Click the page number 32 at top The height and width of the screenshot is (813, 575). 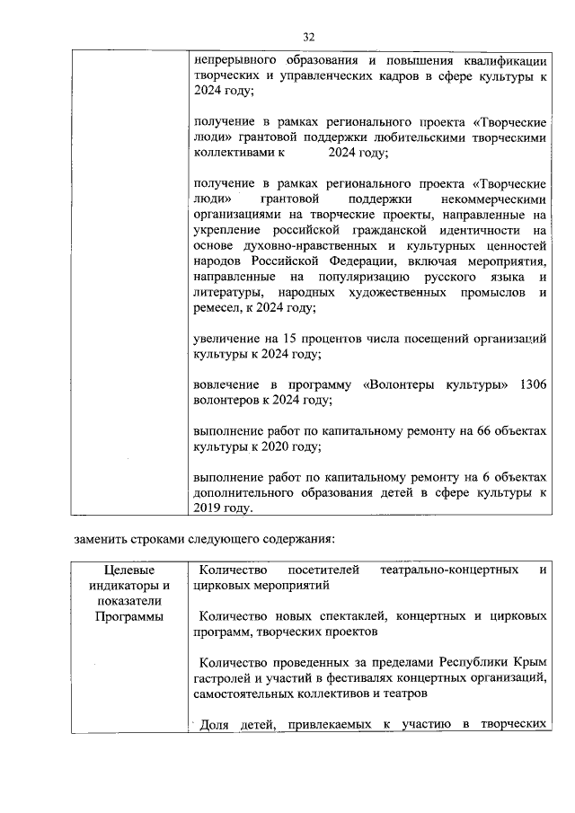(308, 37)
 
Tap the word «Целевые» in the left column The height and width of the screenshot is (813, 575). (128, 570)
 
